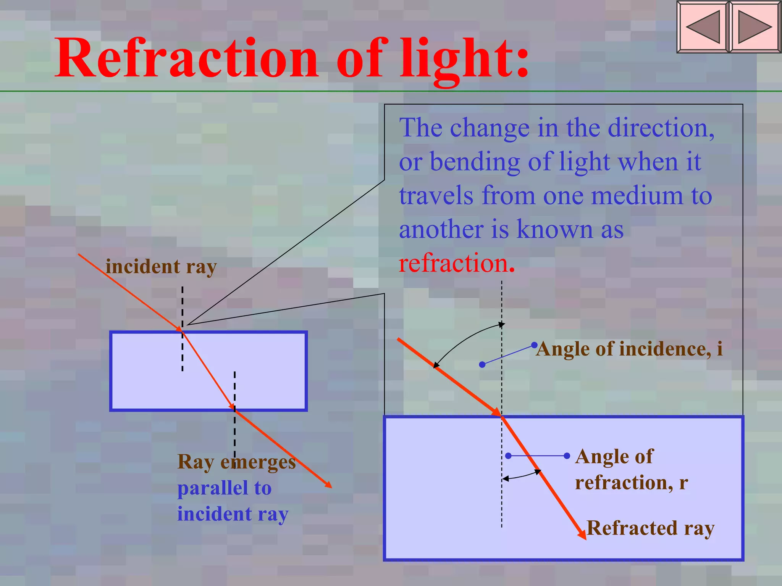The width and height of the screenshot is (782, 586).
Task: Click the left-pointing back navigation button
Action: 703,27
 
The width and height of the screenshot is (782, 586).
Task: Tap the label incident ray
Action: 161,266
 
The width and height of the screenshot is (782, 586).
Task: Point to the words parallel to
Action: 225,488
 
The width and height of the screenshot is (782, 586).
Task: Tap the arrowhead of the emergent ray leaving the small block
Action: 328,485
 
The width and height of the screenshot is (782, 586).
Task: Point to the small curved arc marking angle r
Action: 521,475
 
